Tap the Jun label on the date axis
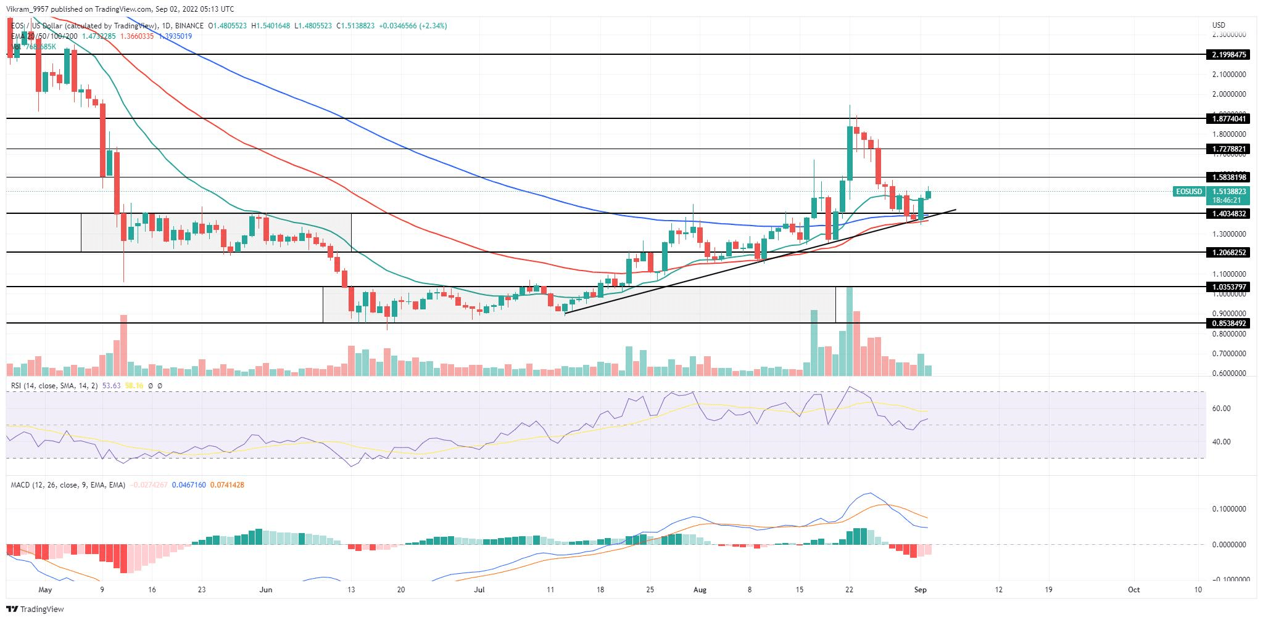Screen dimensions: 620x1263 266,589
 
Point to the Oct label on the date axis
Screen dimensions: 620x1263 1133,589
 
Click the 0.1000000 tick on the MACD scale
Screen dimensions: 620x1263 1229,509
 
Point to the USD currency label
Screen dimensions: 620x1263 1219,25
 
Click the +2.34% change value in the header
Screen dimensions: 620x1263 432,26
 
